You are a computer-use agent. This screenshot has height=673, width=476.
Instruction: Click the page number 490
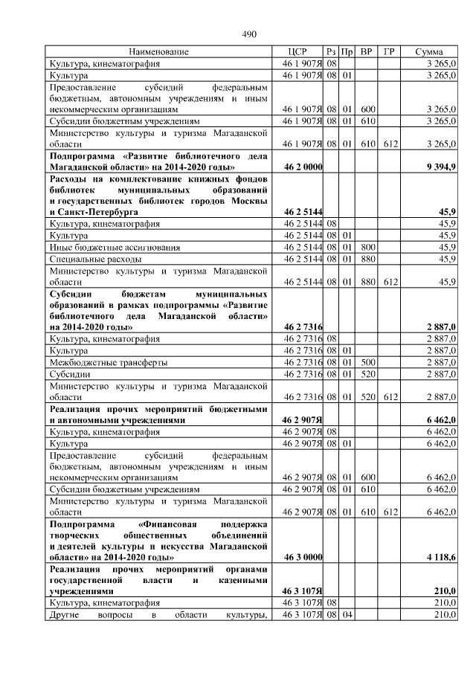click(x=249, y=34)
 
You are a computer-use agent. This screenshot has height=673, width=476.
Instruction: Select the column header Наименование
click(x=158, y=52)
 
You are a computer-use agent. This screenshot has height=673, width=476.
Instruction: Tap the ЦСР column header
click(x=297, y=52)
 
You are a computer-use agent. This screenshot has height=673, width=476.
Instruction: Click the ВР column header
click(x=366, y=52)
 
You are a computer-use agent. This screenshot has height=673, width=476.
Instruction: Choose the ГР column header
click(x=388, y=52)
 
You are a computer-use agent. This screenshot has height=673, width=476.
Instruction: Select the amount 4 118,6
click(x=441, y=556)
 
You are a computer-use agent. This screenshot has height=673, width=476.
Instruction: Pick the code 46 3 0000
click(x=303, y=556)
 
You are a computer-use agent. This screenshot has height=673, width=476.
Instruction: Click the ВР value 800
click(x=367, y=246)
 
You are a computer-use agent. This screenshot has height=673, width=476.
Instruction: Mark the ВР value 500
click(x=367, y=362)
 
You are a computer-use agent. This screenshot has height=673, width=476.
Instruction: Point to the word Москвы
click(x=251, y=201)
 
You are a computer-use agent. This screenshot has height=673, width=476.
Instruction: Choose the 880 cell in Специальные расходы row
click(x=367, y=258)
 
